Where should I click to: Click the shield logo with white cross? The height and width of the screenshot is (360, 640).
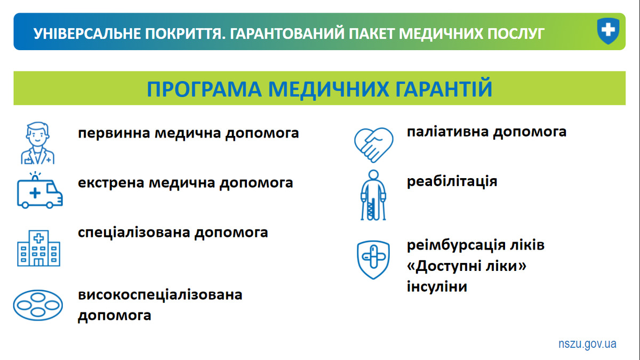(608, 31)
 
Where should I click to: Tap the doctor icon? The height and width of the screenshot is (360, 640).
(37, 143)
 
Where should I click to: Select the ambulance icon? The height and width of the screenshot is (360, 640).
(39, 190)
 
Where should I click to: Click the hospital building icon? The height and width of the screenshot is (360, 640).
(38, 248)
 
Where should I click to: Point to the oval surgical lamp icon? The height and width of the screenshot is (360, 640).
(38, 305)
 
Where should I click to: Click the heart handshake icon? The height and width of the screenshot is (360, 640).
(374, 145)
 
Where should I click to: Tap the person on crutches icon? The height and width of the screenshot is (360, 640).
(373, 195)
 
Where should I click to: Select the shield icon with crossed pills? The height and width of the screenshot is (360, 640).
(373, 260)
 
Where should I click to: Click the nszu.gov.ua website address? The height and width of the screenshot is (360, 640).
(587, 344)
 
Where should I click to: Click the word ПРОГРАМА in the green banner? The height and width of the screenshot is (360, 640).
(204, 89)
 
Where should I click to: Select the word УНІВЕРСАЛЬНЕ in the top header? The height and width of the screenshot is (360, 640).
(87, 34)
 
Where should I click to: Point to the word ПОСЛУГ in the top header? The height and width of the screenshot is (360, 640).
(516, 34)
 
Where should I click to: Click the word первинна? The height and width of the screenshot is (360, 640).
(114, 133)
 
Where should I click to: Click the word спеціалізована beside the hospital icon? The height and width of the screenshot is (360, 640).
(134, 233)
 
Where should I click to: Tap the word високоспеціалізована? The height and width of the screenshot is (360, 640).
(160, 295)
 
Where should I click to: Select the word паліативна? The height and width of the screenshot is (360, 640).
(447, 132)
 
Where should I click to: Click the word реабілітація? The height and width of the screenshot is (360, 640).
(452, 182)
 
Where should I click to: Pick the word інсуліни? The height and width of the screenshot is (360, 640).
(437, 286)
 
